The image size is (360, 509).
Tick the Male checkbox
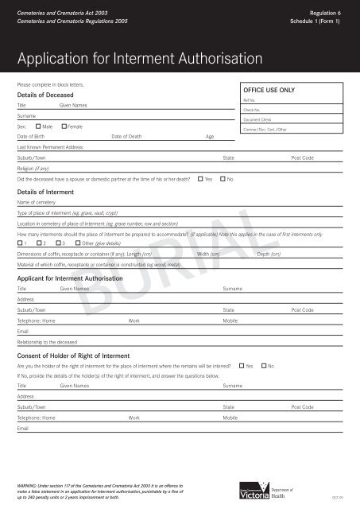tap(38, 127)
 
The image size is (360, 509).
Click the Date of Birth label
tap(30, 137)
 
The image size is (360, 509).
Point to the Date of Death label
tap(127, 137)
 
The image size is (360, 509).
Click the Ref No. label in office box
tap(249, 101)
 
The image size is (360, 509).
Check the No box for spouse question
tap(223, 179)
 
